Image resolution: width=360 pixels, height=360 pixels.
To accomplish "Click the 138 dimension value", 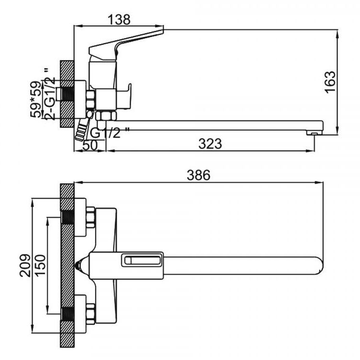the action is pos(119,20).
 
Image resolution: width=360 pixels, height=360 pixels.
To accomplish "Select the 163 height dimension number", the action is pos(330,82).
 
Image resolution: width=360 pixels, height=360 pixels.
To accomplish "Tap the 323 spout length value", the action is pos(210,144).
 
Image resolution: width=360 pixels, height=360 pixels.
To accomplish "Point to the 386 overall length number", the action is pos(198,175).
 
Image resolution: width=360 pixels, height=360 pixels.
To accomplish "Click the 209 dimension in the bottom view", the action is pos(25,265).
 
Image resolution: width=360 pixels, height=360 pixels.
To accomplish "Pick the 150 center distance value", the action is pos(40,265).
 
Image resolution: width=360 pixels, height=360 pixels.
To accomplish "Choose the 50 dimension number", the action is pos(90,145).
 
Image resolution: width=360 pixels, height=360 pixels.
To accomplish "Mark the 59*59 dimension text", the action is pos(36,99).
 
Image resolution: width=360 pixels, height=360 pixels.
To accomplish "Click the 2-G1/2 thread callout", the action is pos(50,94).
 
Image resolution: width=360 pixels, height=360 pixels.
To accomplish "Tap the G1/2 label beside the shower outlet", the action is pos(109,132).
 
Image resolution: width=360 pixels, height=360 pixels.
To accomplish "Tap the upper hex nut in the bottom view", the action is pos(90,217).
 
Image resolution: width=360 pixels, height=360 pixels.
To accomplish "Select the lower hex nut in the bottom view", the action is pos(90,313).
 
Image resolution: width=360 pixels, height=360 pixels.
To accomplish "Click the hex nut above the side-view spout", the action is pos(106,116).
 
